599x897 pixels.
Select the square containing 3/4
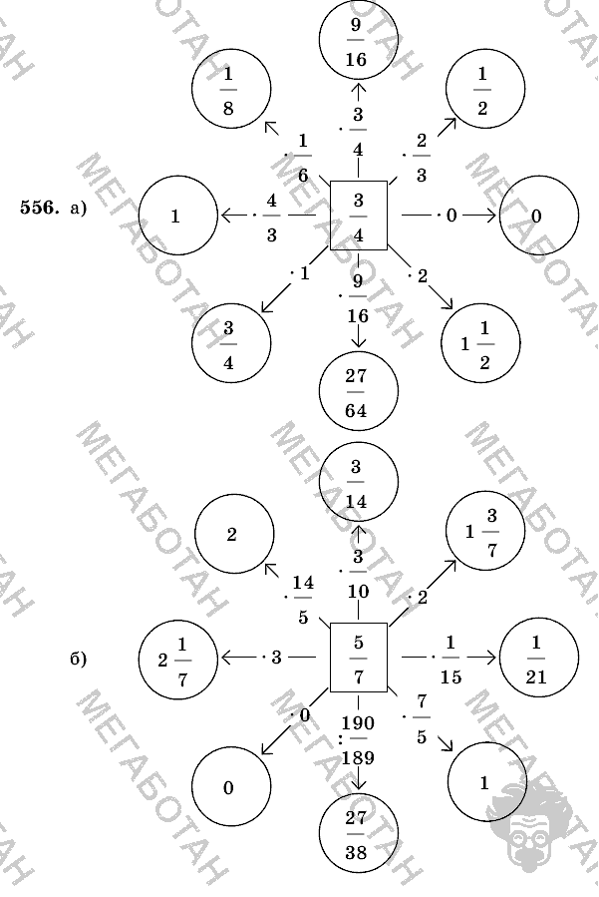358,216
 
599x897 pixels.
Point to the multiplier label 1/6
301,157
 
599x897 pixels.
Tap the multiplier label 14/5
301,599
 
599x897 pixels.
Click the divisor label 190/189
357,739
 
